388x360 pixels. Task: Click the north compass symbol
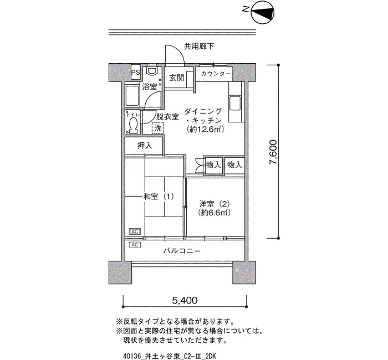pyautogui.click(x=263, y=12)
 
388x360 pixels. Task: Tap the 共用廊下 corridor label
pyautogui.click(x=198, y=46)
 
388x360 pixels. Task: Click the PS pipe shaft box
pyautogui.click(x=135, y=73)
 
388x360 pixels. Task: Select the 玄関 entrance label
pyautogui.click(x=177, y=78)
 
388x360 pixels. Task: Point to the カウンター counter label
pyautogui.click(x=216, y=74)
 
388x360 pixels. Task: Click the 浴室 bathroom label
pyautogui.click(x=150, y=86)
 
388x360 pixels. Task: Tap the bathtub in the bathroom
pyautogui.click(x=132, y=96)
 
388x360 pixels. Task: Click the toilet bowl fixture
pyautogui.click(x=133, y=125)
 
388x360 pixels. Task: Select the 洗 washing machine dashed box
pyautogui.click(x=158, y=128)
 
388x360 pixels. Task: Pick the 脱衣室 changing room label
pyautogui.click(x=167, y=117)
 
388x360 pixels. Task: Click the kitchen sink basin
pyautogui.click(x=235, y=104)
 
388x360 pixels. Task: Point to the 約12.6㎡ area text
pyautogui.click(x=206, y=129)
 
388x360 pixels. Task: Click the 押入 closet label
pyautogui.click(x=145, y=146)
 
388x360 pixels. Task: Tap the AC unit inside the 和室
pyautogui.click(x=135, y=232)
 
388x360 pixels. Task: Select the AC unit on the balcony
pyautogui.click(x=135, y=245)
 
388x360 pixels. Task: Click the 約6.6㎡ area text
pyautogui.click(x=215, y=213)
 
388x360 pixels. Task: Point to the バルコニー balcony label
pyautogui.click(x=182, y=251)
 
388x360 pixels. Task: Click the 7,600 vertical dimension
pyautogui.click(x=273, y=152)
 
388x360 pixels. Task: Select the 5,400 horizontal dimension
pyautogui.click(x=185, y=300)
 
